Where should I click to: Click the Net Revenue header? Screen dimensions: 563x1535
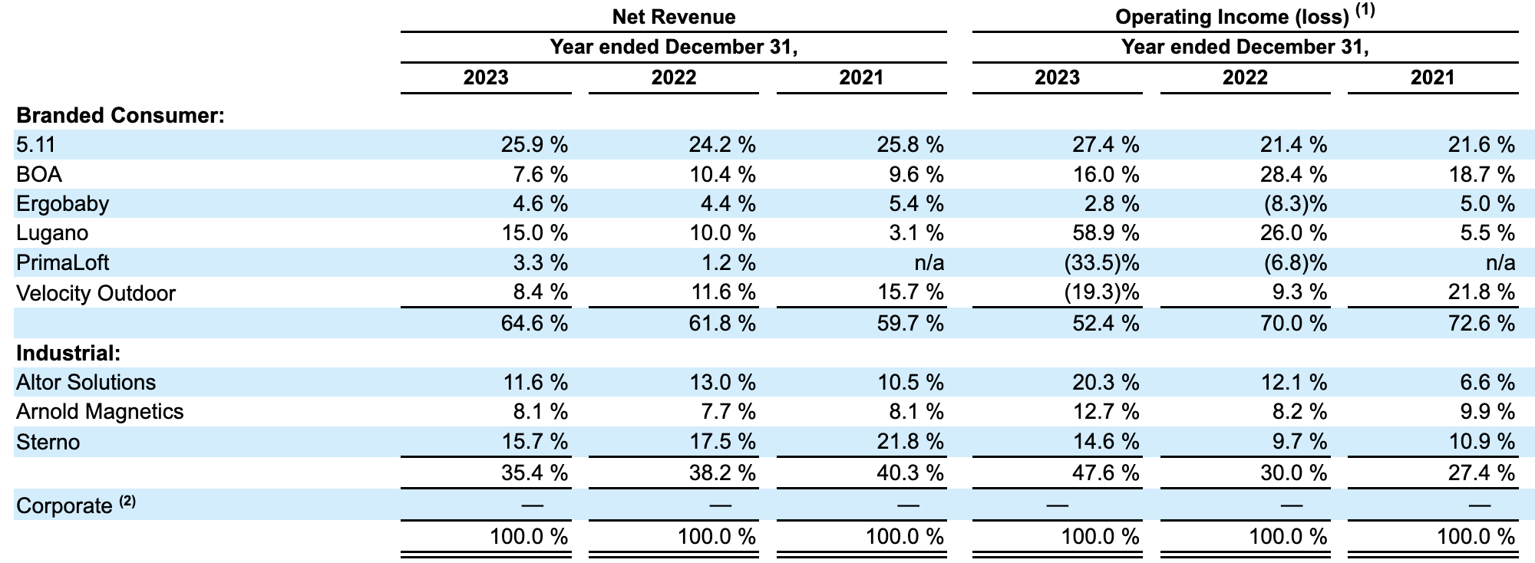(673, 17)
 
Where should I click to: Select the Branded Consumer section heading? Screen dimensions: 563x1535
(120, 116)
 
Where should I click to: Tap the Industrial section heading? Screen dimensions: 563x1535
(68, 353)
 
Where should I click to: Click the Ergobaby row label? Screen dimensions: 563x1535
(63, 204)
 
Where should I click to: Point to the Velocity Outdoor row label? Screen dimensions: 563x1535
(96, 293)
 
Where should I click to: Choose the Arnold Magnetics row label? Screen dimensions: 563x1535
(100, 412)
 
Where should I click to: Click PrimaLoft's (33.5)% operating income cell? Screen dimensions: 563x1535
(1101, 263)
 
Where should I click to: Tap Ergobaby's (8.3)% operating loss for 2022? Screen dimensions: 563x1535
(1295, 204)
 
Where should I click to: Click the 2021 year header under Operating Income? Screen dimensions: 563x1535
(1432, 77)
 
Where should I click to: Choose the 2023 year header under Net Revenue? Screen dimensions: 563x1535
(486, 77)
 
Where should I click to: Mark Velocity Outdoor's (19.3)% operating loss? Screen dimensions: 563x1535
(1101, 293)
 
